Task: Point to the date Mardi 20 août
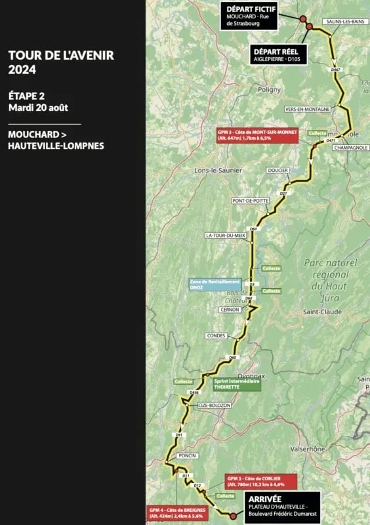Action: click(x=39, y=107)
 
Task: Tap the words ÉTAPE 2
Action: click(x=27, y=95)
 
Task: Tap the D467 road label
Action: click(x=336, y=70)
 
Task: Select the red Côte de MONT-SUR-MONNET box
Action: click(x=257, y=135)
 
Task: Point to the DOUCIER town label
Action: click(x=277, y=171)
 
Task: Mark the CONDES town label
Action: click(x=216, y=335)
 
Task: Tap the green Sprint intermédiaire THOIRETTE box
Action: click(x=236, y=383)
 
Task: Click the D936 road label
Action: click(x=194, y=392)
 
